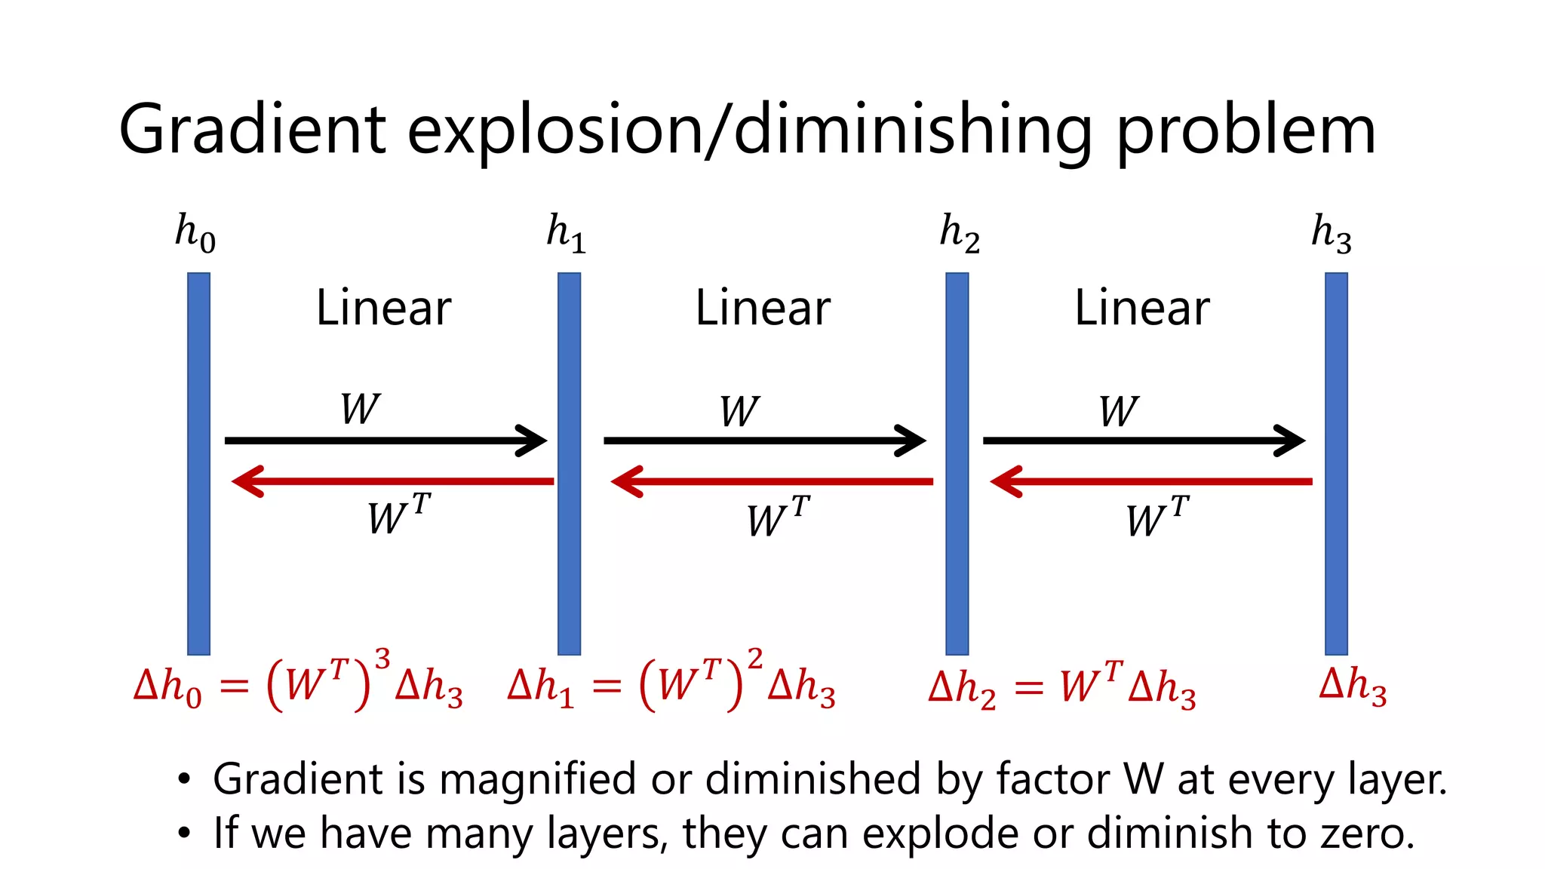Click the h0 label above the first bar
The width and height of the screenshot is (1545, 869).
coord(195,233)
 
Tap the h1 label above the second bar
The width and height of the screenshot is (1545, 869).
coord(567,233)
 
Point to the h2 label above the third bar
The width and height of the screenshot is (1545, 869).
coord(960,233)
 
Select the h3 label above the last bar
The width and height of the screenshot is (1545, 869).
coord(1332,233)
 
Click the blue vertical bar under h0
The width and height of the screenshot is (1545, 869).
coord(198,463)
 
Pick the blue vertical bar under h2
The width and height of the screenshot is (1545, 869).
coord(957,463)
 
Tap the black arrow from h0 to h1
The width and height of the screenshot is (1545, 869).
coord(385,440)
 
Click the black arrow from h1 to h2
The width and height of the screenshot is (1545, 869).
coord(764,440)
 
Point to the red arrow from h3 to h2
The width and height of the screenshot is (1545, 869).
coord(1150,481)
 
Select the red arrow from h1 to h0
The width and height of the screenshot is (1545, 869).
coord(392,481)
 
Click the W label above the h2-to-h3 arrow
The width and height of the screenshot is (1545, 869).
coord(1118,411)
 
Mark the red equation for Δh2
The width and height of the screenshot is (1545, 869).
coord(1062,686)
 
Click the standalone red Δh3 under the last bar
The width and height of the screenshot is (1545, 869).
coord(1353,686)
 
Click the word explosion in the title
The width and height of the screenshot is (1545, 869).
coord(554,131)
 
